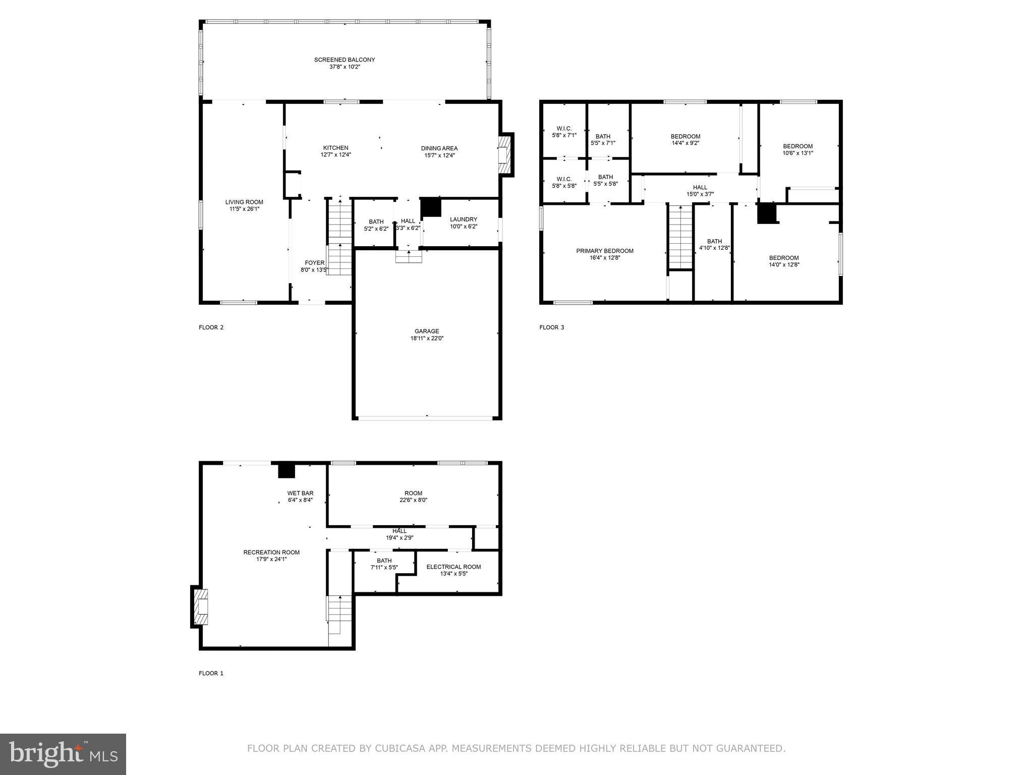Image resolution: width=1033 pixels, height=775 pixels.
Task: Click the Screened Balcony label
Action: [345, 60]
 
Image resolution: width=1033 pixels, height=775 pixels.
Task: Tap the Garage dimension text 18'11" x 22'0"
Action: [427, 339]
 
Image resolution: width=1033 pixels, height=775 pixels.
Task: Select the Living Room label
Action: [244, 202]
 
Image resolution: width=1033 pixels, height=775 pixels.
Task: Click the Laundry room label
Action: [463, 219]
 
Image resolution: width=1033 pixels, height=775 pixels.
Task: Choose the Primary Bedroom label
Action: [605, 251]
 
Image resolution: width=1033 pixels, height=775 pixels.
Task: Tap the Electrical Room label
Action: [453, 567]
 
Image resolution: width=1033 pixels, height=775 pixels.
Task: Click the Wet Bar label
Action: [300, 493]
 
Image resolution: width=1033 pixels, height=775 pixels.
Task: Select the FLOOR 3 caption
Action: [551, 327]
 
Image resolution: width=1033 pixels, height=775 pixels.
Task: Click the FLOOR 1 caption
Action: [211, 673]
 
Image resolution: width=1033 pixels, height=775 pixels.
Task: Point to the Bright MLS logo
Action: [63, 754]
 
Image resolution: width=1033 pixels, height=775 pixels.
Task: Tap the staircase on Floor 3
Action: [680, 237]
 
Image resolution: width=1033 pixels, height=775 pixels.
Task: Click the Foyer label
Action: [314, 263]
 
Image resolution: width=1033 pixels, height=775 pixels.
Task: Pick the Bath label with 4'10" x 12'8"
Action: [714, 241]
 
